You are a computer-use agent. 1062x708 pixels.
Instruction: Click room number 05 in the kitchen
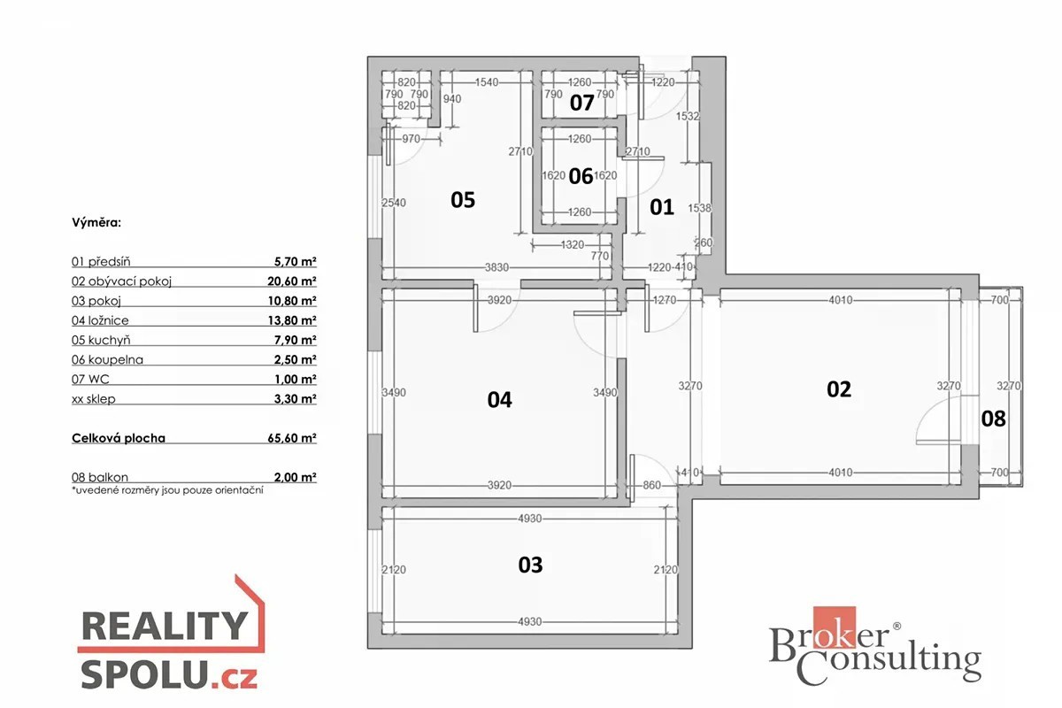[463, 200]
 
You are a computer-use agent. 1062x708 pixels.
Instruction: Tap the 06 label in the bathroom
[581, 176]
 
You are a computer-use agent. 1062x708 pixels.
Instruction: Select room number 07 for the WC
[581, 103]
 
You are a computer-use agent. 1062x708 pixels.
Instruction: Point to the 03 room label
[530, 565]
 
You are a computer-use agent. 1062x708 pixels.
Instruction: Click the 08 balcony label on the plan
[993, 419]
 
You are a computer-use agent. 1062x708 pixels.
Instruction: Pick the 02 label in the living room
[839, 389]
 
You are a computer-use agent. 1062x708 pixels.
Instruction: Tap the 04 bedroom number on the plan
[500, 400]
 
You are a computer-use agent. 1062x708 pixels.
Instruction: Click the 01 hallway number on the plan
[662, 207]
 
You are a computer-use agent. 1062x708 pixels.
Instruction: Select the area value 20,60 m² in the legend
[291, 281]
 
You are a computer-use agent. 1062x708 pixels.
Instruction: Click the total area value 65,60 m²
[291, 438]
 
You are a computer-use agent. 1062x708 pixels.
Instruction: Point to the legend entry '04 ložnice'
[100, 320]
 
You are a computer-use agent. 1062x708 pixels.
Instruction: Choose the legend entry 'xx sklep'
[94, 399]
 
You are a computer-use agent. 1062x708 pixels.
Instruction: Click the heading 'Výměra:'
[96, 222]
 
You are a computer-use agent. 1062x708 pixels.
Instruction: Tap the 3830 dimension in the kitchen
[496, 267]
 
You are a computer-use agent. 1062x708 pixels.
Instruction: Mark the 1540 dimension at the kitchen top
[487, 82]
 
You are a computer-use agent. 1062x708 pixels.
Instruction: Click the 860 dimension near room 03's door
[651, 485]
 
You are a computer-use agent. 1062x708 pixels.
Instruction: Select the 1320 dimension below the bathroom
[573, 244]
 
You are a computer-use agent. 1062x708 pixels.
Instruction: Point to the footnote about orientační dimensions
[167, 490]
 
